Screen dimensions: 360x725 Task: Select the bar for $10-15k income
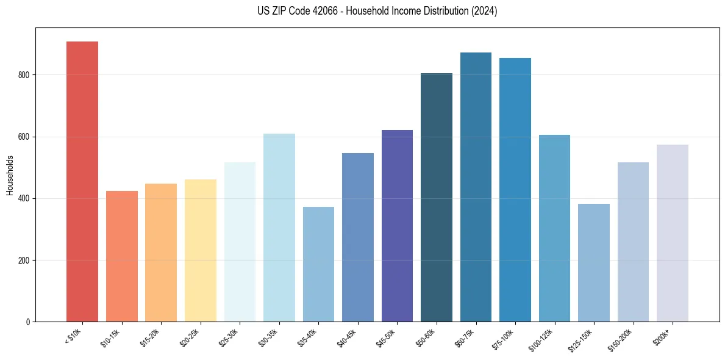[122, 256]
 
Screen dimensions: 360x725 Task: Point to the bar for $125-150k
[594, 262]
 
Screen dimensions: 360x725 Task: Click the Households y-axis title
[10, 175]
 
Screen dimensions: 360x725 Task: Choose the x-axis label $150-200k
[621, 339]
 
